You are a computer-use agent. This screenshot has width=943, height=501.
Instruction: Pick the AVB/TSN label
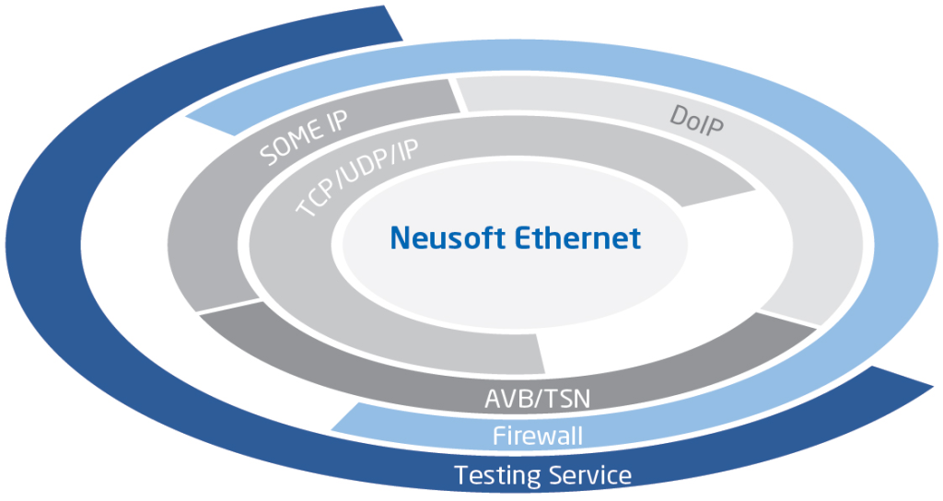click(x=537, y=401)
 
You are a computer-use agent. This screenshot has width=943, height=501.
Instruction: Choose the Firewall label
click(x=538, y=435)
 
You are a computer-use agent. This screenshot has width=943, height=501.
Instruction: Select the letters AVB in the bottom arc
click(x=505, y=401)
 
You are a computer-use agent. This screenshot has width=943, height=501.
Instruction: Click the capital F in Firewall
click(x=498, y=435)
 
